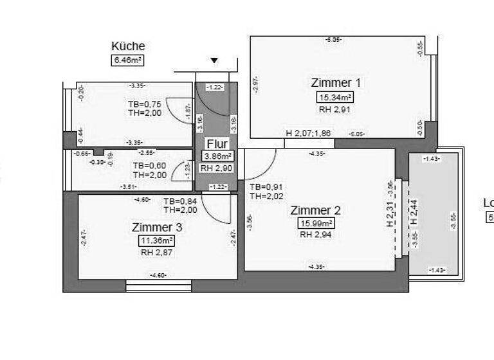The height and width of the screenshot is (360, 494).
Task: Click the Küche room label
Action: tap(128, 46)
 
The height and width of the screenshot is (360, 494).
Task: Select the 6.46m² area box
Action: tap(127, 60)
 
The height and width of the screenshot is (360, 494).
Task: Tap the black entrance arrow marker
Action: tap(214, 60)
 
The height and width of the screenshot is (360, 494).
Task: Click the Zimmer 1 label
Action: tap(335, 82)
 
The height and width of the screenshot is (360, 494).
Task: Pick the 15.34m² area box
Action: tap(334, 97)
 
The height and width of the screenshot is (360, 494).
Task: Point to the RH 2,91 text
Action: tap(334, 109)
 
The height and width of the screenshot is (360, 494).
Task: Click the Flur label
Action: tap(215, 143)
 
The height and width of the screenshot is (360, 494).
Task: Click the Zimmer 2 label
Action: tap(315, 210)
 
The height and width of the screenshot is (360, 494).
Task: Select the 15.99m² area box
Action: tap(315, 224)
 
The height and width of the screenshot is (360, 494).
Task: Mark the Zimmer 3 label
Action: tap(157, 227)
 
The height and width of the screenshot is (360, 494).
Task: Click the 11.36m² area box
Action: tap(157, 240)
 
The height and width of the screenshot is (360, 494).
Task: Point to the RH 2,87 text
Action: tap(157, 253)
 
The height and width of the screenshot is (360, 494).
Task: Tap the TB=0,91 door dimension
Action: tap(266, 187)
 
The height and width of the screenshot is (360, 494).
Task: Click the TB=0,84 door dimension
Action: tap(180, 201)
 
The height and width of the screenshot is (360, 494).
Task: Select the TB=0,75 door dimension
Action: tap(144, 104)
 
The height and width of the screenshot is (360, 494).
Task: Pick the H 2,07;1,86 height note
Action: tap(309, 134)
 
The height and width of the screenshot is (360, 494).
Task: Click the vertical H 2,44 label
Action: tap(415, 211)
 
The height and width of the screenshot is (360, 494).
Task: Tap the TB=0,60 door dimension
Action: tap(149, 165)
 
